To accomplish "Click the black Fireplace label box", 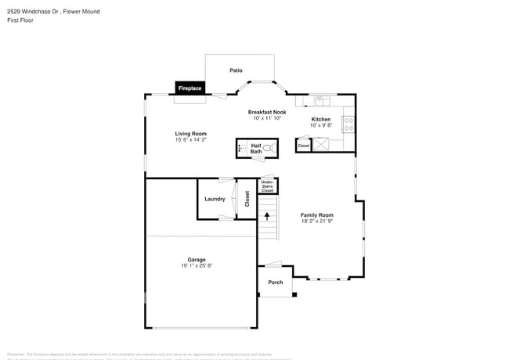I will coord(190,88).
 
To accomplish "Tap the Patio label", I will coord(236,70).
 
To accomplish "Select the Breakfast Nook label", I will coord(267,112).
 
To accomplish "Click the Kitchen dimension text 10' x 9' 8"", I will coord(321,125).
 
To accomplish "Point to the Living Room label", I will coord(190,134).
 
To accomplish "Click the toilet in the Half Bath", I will coord(268,147).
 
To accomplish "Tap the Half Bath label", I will coord(256,148).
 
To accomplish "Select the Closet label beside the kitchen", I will coord(304,146).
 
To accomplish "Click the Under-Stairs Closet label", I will coord(267,186).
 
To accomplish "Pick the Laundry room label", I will coord(215,199).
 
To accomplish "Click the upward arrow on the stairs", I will coord(268,215).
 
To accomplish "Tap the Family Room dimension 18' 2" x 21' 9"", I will coord(317,221).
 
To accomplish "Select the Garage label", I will coord(196,260).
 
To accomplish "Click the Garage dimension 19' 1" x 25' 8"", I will coord(196,266).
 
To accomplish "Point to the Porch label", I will coord(276,283).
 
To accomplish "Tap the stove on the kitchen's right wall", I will coord(349,124).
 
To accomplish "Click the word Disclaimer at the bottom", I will coord(16,354).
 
